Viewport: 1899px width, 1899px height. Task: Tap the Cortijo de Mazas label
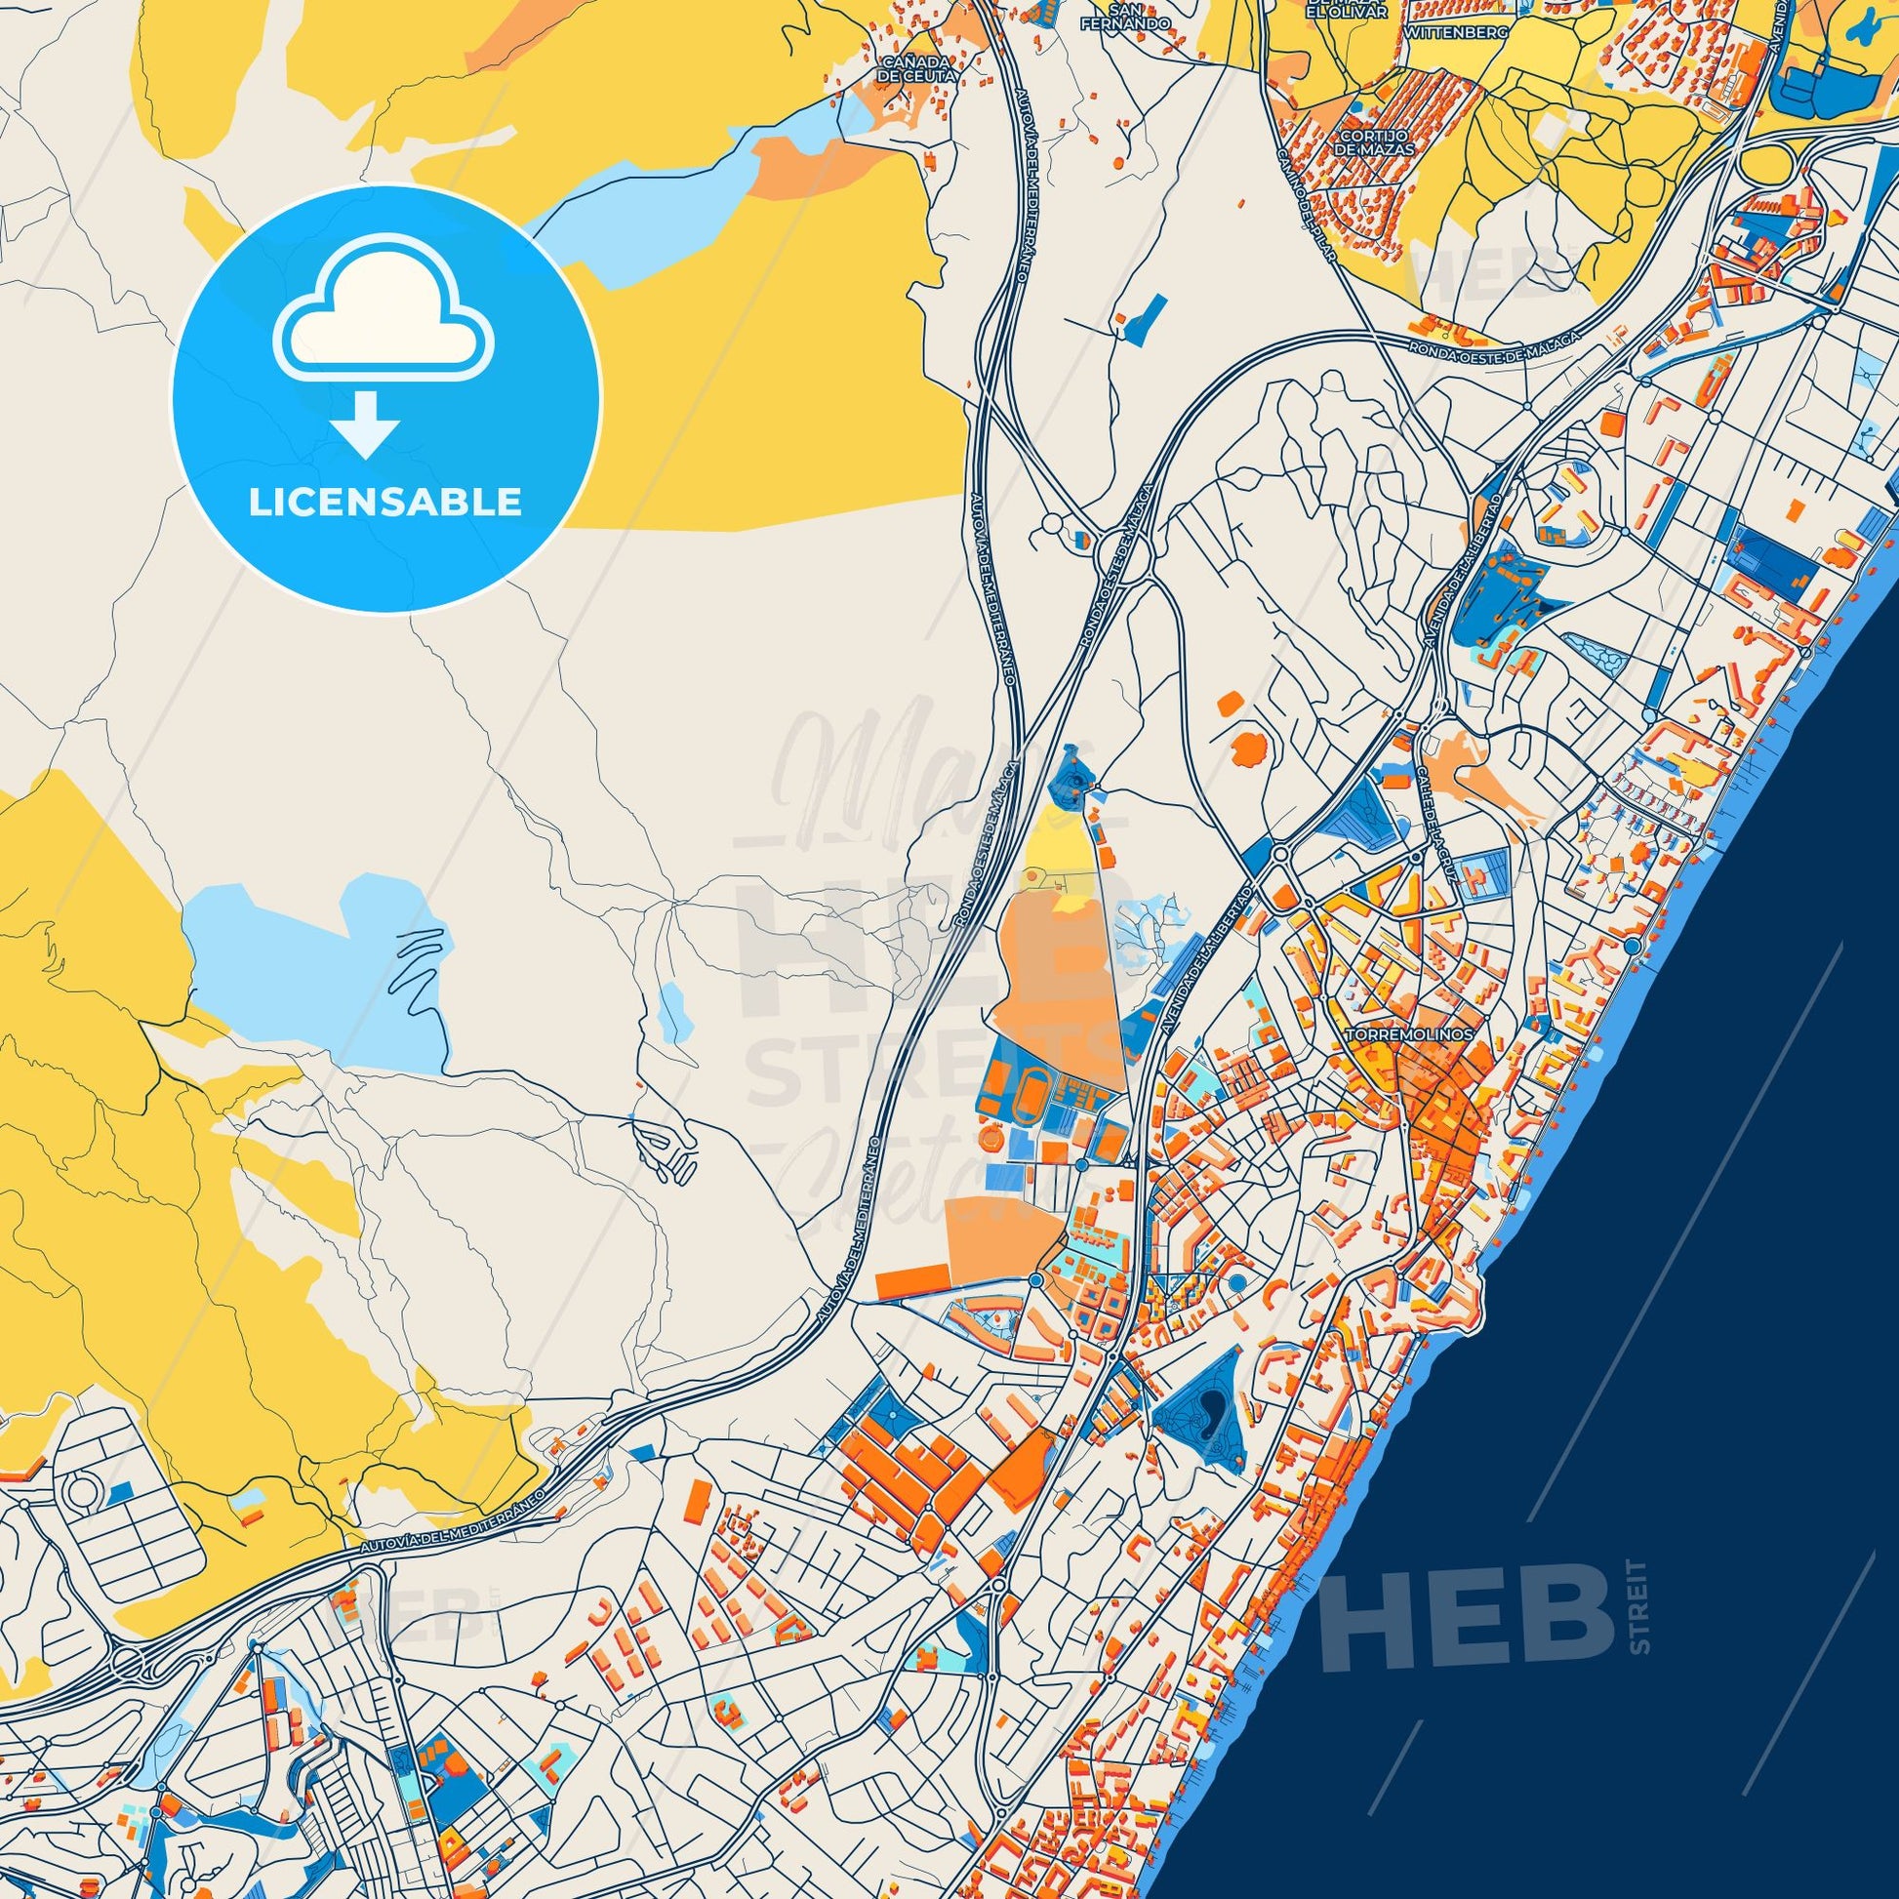(1374, 141)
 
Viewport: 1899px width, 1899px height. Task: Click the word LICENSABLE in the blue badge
(385, 503)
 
